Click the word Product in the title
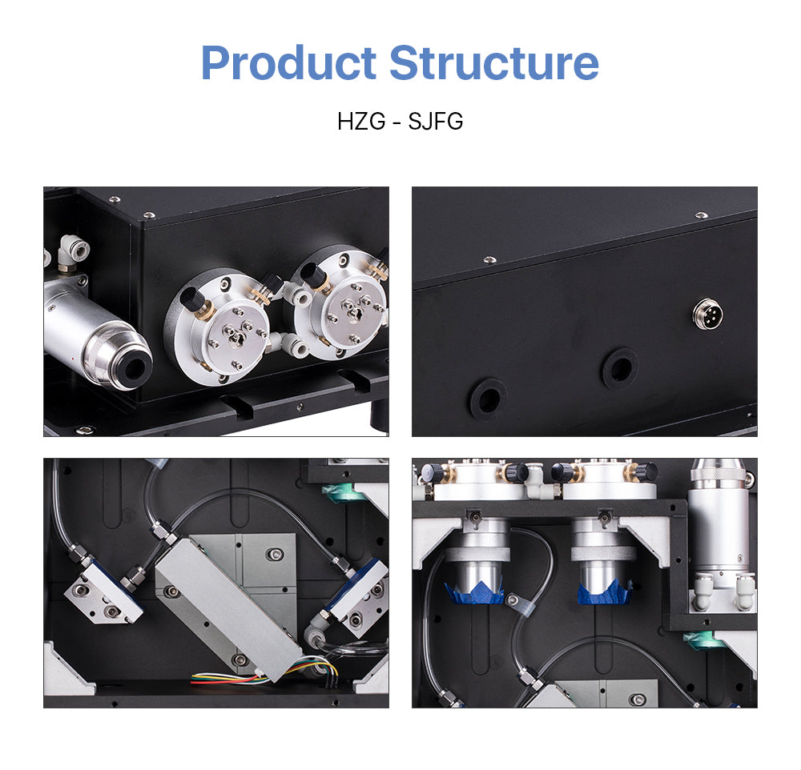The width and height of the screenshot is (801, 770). point(288,64)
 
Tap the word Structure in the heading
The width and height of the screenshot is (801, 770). point(494,64)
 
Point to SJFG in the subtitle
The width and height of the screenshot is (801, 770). point(436,122)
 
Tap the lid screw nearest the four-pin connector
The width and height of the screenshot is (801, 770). point(701,215)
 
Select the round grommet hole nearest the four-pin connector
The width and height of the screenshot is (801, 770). point(619,368)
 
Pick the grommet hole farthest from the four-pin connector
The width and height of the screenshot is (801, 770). point(488,398)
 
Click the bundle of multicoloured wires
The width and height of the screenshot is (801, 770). point(232,679)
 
